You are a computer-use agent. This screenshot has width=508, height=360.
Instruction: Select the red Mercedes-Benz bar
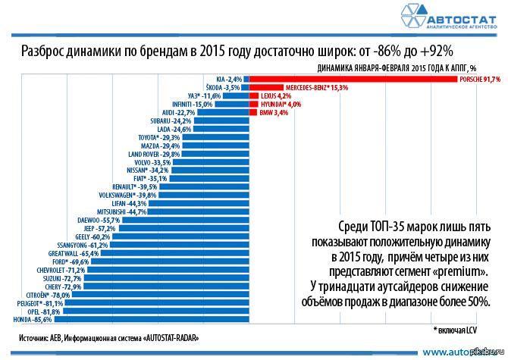tap(265, 88)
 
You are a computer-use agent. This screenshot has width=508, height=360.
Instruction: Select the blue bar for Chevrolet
tap(166, 270)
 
